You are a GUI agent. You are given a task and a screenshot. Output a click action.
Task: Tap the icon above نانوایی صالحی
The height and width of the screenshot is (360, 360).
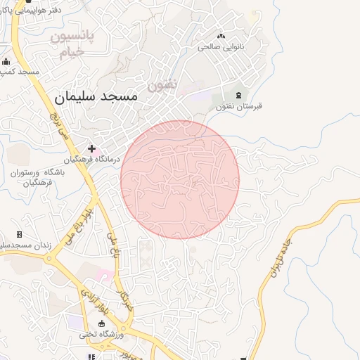click(x=221, y=35)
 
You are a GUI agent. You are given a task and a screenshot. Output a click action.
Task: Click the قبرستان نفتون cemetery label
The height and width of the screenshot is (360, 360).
click(x=238, y=106)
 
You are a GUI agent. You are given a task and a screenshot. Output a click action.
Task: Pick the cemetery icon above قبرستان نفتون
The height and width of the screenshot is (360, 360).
click(x=238, y=94)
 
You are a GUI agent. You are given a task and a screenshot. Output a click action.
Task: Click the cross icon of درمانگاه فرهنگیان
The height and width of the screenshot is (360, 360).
click(x=91, y=148)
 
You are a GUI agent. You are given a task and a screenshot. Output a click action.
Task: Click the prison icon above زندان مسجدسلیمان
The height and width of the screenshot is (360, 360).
click(x=19, y=234)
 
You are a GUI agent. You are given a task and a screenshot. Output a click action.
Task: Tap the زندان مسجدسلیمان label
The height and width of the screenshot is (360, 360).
click(x=21, y=245)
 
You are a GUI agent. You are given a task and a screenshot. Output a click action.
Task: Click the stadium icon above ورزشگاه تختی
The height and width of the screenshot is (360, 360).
click(x=103, y=323)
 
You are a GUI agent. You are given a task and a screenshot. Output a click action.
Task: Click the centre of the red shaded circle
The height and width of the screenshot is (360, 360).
click(x=180, y=179)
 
